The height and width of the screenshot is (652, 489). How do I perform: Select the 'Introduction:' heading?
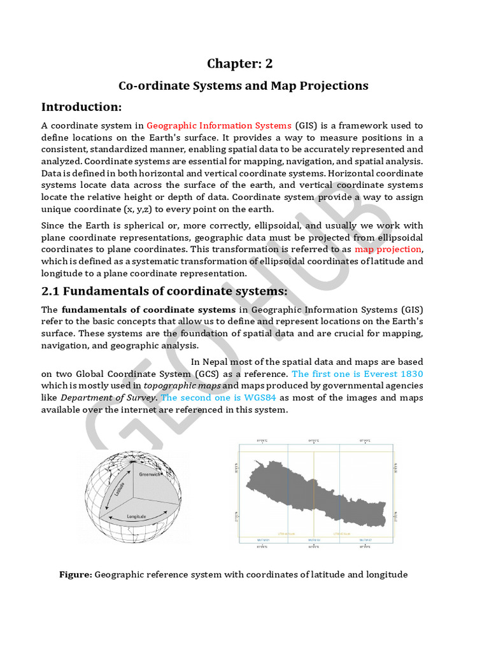(81, 106)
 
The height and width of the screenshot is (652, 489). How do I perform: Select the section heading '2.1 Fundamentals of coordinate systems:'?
(164, 291)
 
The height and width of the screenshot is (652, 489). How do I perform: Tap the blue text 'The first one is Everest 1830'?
(357, 374)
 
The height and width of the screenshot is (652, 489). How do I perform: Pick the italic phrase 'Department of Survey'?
(108, 397)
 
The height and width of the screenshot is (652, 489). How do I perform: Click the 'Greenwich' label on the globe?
(152, 474)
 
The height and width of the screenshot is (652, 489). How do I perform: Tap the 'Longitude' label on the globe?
(137, 516)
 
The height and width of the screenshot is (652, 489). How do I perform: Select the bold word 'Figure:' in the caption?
(76, 574)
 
